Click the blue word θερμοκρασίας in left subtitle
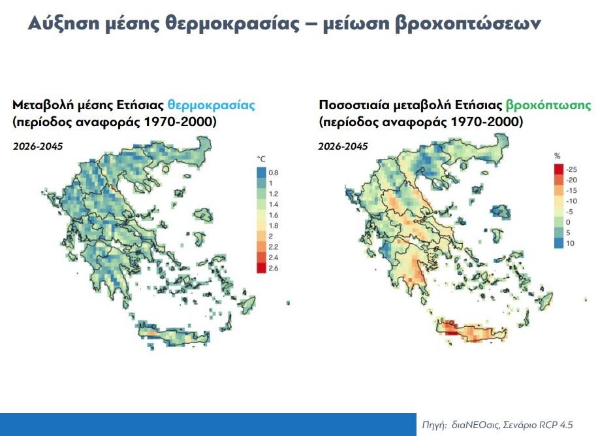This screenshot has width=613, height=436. pyautogui.click(x=211, y=105)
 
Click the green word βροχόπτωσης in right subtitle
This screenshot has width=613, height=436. pyautogui.click(x=548, y=105)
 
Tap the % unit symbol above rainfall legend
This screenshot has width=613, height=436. pyautogui.click(x=558, y=156)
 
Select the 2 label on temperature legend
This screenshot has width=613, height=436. pyautogui.click(x=272, y=236)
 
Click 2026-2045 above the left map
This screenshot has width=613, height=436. pyautogui.click(x=38, y=146)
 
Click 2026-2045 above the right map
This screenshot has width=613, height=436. pyautogui.click(x=343, y=146)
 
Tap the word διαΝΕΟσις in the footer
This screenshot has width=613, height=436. pyautogui.click(x=475, y=425)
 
